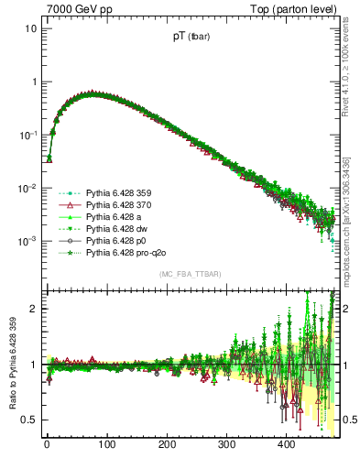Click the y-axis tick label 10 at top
31,28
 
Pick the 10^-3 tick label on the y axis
28,241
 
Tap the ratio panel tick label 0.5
31,420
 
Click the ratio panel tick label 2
37,309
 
